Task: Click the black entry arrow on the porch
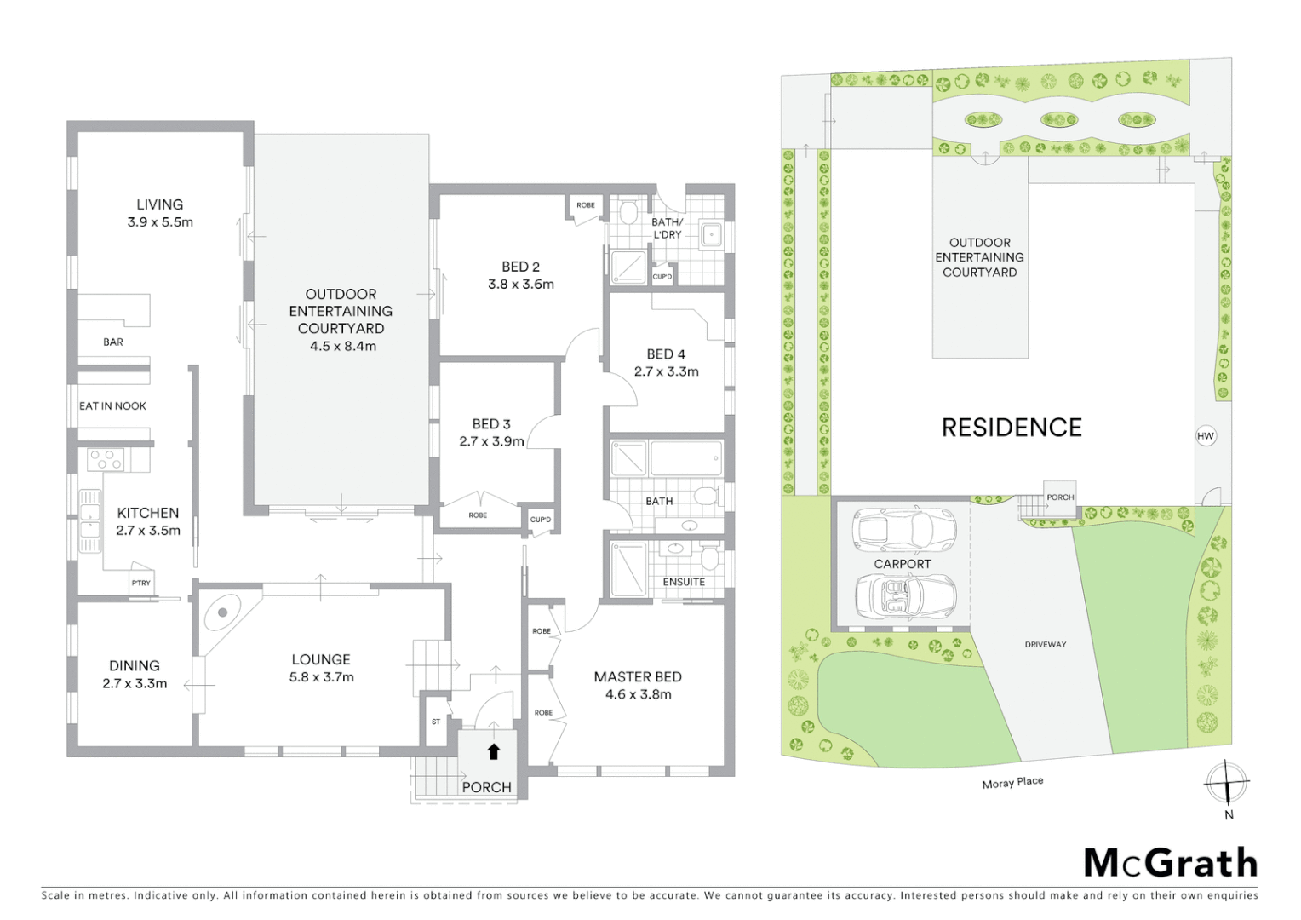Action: [493, 750]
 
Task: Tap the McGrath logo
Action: [1171, 863]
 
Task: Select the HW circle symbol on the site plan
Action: [1205, 435]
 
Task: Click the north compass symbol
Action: [1227, 783]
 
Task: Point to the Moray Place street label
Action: [1012, 782]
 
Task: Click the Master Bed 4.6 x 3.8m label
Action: [638, 685]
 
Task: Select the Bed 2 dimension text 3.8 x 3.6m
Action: [520, 285]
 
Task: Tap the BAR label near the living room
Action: [113, 342]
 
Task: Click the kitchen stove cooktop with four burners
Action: [106, 459]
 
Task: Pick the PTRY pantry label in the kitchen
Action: [140, 583]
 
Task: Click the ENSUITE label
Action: [684, 582]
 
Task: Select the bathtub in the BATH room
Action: [685, 458]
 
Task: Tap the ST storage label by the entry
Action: [436, 722]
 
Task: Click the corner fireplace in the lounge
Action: [222, 612]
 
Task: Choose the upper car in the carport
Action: [903, 528]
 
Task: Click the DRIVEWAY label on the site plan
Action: [1045, 644]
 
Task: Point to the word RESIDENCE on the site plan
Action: [1012, 427]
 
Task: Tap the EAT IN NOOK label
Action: [112, 405]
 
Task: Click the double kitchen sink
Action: [89, 520]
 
